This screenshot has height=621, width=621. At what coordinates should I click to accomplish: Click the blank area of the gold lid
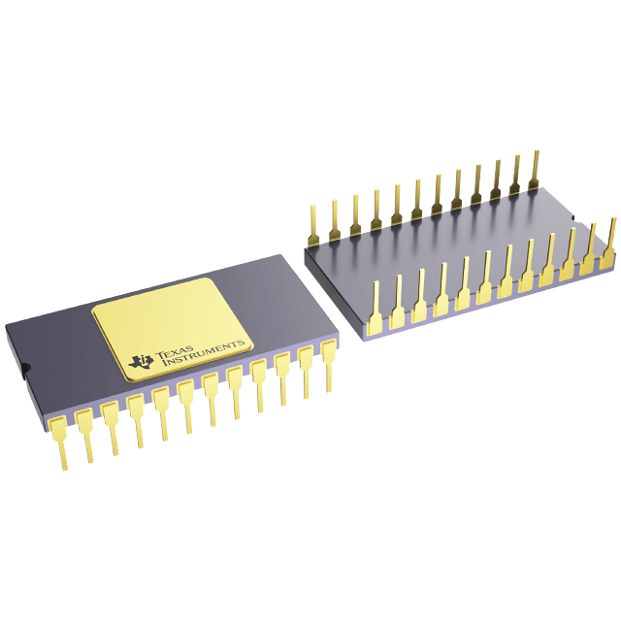click(170, 310)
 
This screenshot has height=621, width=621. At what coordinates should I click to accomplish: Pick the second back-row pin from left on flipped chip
click(335, 216)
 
